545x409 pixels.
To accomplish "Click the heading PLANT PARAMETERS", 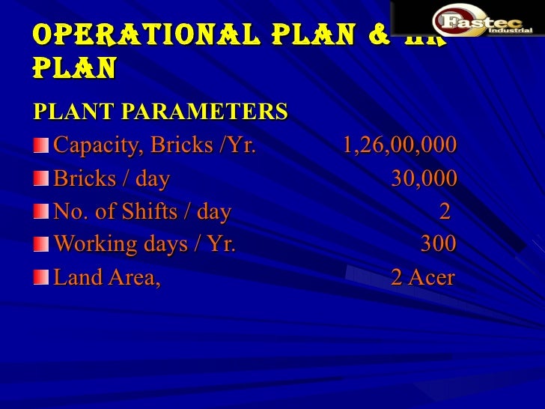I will tap(160, 112).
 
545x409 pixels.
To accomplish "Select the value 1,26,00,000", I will tap(399, 145).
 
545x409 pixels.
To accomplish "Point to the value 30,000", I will tap(424, 179).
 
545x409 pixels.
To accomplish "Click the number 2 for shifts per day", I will tap(445, 212).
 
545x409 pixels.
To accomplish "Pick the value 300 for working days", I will tap(438, 244).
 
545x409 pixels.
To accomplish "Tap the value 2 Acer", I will tap(423, 278).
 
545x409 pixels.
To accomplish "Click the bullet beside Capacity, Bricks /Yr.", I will tap(41, 145).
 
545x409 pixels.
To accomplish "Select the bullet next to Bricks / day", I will tap(41, 180).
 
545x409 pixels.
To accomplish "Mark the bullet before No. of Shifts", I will tap(41, 213).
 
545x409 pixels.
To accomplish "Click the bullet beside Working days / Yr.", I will tap(41, 245).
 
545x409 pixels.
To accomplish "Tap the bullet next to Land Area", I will tap(41, 279).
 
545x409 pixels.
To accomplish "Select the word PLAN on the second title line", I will tap(74, 68).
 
